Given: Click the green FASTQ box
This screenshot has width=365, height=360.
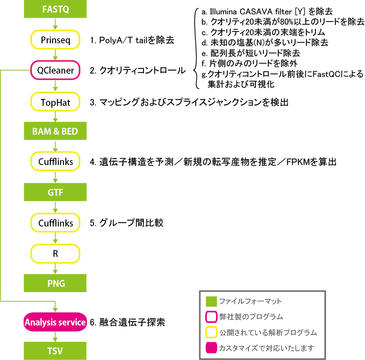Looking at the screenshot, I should [55, 9].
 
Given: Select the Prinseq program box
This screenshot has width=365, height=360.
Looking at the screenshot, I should [55, 40].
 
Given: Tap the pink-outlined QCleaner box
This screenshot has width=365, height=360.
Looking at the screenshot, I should [55, 70].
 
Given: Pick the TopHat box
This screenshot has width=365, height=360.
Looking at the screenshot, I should [55, 101].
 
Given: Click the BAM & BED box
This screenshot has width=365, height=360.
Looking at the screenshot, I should [55, 132].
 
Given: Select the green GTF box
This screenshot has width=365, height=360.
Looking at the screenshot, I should [55, 192].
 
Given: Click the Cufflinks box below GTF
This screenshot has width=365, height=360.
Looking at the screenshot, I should [55, 223].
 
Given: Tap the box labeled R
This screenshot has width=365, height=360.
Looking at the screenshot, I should [55, 253].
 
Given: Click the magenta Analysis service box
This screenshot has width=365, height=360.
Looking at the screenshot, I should [55, 322].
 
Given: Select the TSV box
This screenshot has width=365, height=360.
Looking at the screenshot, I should [55, 350].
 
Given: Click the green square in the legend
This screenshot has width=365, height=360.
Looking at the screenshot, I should [211, 302].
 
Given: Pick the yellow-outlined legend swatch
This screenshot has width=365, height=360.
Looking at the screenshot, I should [211, 333].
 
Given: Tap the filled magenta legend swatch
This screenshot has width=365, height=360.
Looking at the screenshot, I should [211, 348].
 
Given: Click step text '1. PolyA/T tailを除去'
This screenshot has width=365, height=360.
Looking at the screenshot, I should [132, 40].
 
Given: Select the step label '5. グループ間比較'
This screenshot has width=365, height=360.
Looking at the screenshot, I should [127, 223].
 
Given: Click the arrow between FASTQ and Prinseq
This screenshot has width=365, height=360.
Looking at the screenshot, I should [55, 24].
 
